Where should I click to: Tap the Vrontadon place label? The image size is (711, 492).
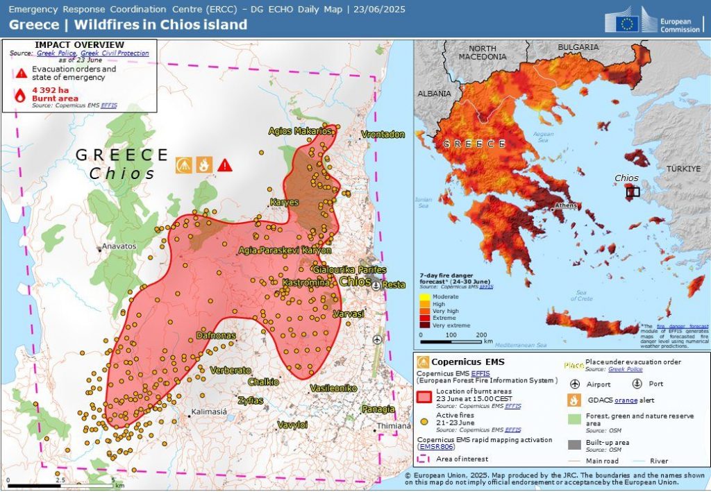pyautogui.click(x=383, y=135)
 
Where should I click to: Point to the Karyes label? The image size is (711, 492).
pyautogui.click(x=284, y=203)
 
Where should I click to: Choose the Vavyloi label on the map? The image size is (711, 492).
pyautogui.click(x=292, y=424)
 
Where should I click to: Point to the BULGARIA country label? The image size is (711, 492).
pyautogui.click(x=577, y=47)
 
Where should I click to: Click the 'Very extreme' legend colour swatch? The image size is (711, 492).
pyautogui.click(x=423, y=325)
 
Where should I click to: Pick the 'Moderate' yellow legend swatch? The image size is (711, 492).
pyautogui.click(x=423, y=296)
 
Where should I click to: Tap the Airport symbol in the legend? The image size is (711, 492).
pyautogui.click(x=574, y=384)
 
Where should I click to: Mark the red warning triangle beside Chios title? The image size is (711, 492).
pyautogui.click(x=225, y=165)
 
